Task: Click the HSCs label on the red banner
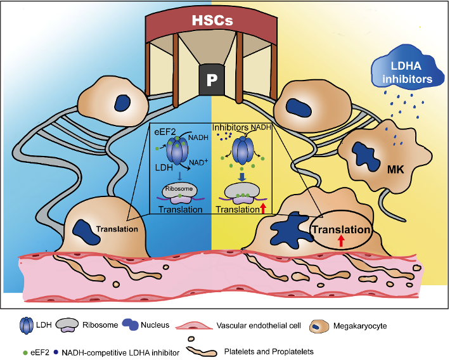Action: (212, 20)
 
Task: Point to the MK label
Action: (395, 170)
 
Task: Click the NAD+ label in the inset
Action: (198, 162)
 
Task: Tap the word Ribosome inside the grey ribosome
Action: (179, 189)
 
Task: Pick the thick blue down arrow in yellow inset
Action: (243, 177)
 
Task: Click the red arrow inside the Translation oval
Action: (340, 241)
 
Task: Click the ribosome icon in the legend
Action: (67, 325)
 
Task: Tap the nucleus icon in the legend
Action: (131, 325)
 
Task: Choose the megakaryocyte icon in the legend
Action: (319, 326)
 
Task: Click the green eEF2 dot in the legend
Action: (25, 352)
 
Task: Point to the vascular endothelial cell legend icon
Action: (194, 326)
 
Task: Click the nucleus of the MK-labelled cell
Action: (364, 157)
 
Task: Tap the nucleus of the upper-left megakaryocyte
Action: (122, 103)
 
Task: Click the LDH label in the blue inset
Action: (164, 167)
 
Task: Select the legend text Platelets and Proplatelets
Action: (269, 351)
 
